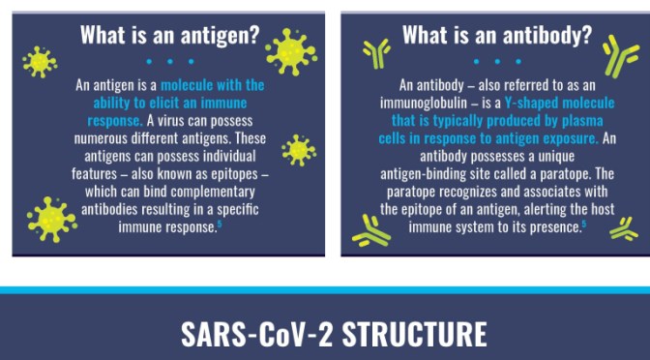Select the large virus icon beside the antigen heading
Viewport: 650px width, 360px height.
point(290,50)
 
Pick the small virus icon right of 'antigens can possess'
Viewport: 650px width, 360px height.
point(298,149)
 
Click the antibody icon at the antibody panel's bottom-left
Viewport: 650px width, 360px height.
point(371,229)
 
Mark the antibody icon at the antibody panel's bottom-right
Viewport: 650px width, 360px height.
point(623,228)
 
